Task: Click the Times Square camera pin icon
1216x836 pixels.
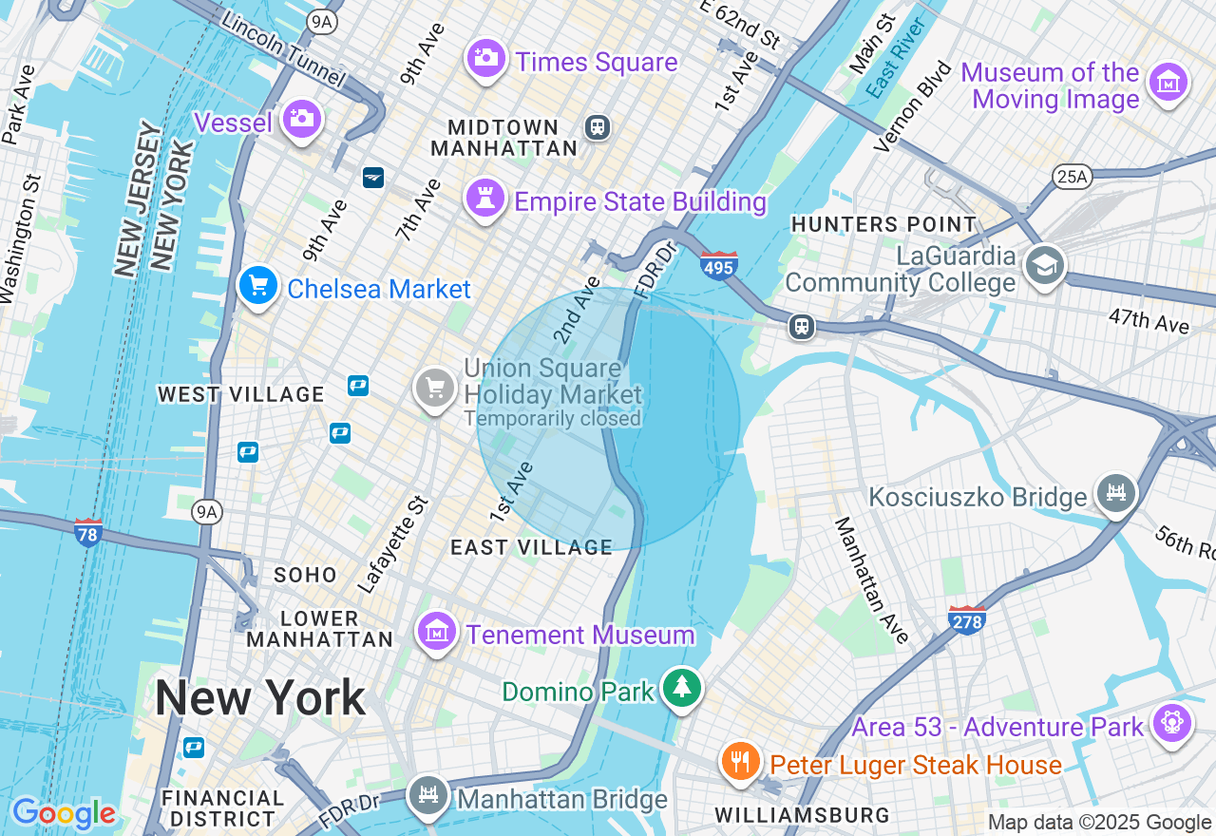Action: point(485,59)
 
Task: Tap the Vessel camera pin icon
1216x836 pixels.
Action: point(302,119)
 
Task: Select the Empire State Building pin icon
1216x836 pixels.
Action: point(485,199)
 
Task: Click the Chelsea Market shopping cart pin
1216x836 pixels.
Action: point(257,285)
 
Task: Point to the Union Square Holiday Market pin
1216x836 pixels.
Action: point(435,388)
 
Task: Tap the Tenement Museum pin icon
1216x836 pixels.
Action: point(436,631)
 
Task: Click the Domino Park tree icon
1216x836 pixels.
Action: point(680,687)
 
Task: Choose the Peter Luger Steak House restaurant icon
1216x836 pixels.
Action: point(740,762)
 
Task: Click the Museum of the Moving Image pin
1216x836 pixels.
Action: point(1168,84)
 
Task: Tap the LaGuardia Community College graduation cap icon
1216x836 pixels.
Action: point(1044,266)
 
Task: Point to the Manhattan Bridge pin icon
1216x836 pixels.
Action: point(428,796)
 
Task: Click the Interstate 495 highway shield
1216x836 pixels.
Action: point(718,265)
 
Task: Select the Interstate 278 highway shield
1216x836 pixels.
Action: point(966,619)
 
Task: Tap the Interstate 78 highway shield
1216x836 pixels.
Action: point(88,532)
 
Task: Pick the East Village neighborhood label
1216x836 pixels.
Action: point(531,547)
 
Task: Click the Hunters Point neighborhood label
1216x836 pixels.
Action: point(883,225)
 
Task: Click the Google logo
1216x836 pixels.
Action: point(64,813)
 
